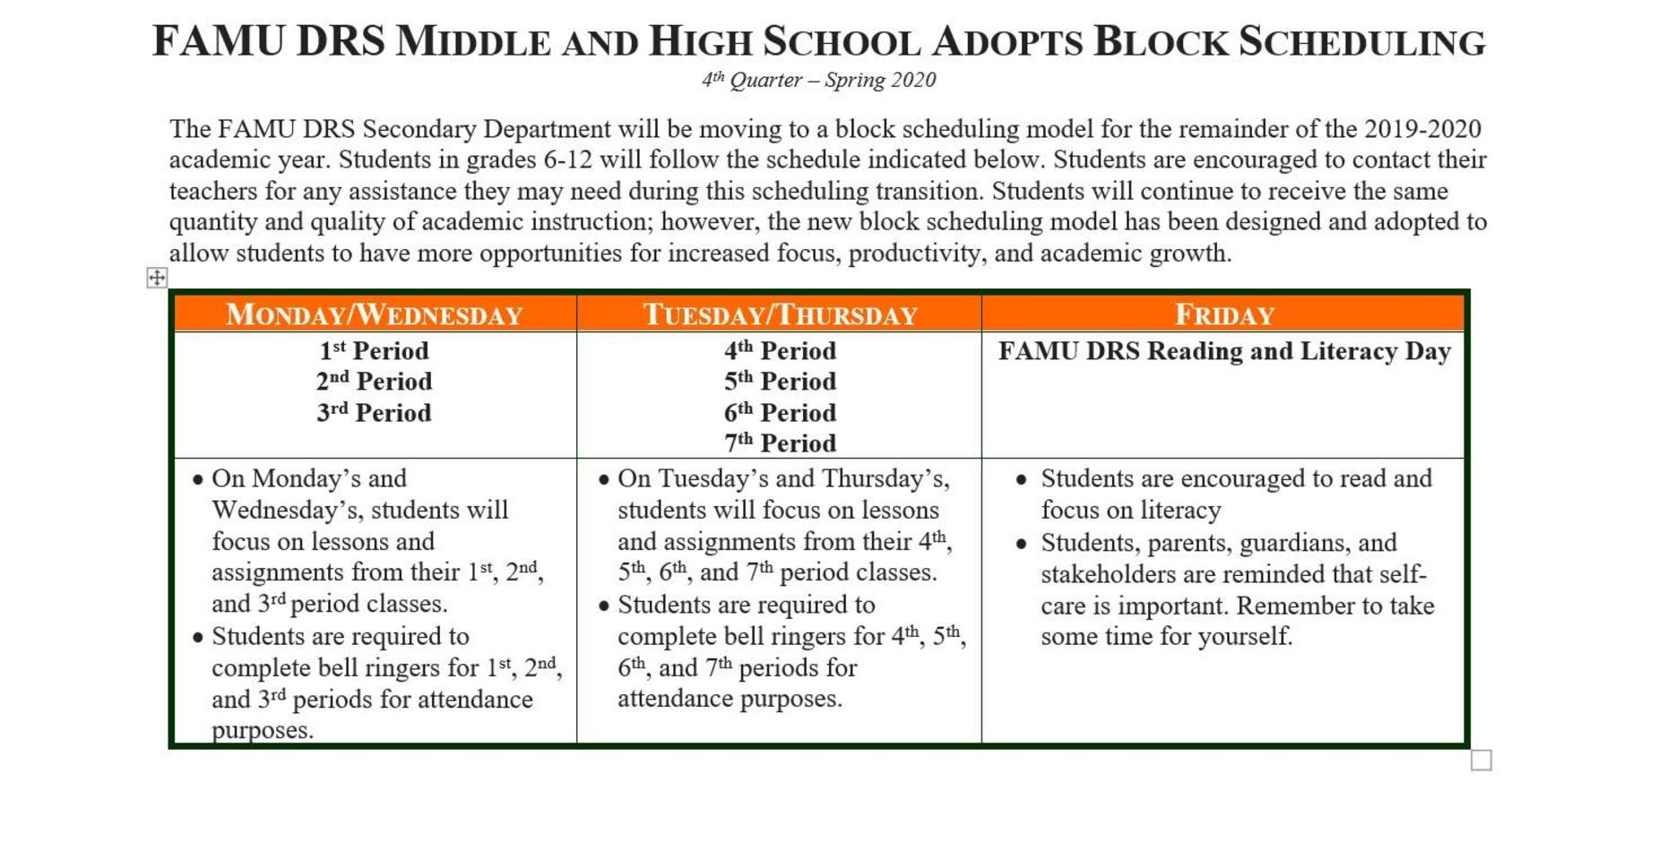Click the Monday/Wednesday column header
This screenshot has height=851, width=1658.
374,314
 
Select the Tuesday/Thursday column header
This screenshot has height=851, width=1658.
780,314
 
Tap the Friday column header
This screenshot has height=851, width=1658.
1223,314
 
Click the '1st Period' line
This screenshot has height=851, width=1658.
374,351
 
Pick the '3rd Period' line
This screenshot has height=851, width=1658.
374,413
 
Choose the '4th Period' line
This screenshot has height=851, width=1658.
780,351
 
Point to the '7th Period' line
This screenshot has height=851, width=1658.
780,443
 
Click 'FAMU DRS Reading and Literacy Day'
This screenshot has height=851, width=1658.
1224,351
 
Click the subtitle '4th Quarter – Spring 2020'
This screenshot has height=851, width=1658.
818,81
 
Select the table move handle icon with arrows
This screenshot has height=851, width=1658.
157,278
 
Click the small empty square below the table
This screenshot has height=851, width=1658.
1481,761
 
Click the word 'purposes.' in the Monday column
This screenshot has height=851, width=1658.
263,731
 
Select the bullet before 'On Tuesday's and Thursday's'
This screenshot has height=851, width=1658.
604,480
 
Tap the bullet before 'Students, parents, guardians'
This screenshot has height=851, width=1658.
1021,544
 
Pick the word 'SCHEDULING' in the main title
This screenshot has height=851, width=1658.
1362,42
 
